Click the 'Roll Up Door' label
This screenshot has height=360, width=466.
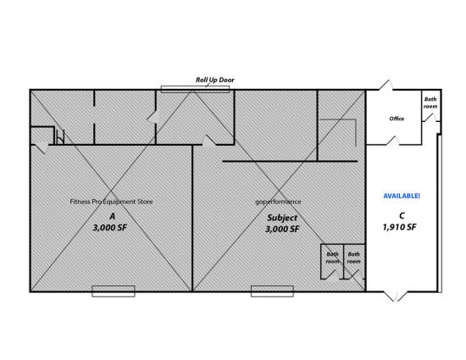[x=215, y=80]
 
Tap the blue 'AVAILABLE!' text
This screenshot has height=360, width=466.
[x=402, y=196]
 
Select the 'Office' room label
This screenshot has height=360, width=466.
[x=397, y=119]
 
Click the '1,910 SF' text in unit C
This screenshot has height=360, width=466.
[x=399, y=227]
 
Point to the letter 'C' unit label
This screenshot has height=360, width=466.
[x=402, y=216]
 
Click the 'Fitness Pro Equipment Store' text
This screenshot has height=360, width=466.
[x=111, y=202]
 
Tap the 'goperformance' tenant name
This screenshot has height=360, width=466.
[x=278, y=202]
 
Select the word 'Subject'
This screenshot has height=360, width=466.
[x=282, y=218]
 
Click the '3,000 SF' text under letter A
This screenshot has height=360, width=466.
[x=110, y=228]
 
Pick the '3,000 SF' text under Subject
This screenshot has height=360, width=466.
[x=282, y=229]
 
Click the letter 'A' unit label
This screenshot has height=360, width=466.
[x=112, y=216]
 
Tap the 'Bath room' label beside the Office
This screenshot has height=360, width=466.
[x=430, y=102]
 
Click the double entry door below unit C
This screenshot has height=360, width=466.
[x=396, y=296]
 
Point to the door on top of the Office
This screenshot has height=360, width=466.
[x=386, y=85]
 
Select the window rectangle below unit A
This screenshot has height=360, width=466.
[x=114, y=291]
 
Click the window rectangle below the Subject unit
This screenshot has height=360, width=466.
[x=272, y=291]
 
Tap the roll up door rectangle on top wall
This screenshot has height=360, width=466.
[x=195, y=90]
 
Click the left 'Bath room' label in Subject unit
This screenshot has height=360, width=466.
[x=332, y=258]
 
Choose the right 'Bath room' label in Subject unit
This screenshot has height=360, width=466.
[x=353, y=258]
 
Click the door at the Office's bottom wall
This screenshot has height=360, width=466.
[x=393, y=141]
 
